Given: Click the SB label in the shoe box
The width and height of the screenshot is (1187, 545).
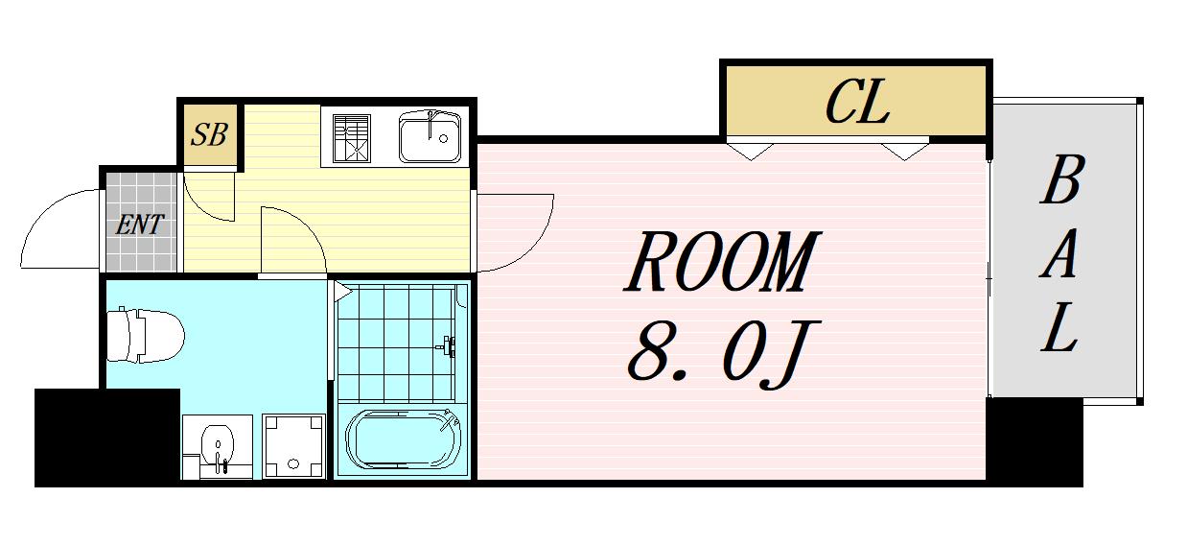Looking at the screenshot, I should (208, 134).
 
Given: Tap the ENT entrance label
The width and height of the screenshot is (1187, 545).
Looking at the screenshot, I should (140, 226).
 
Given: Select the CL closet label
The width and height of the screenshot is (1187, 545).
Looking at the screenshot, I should (857, 104).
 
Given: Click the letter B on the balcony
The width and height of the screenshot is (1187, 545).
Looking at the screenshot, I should (1060, 182).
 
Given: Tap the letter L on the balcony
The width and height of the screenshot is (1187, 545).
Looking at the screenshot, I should (1060, 329).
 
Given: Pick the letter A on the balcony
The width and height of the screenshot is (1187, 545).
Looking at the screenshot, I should (1060, 256).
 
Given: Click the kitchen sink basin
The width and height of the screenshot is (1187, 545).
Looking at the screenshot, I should (431, 137).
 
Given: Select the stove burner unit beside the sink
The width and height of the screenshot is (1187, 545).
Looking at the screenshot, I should (351, 137).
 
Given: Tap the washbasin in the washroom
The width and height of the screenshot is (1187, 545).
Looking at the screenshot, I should (219, 447).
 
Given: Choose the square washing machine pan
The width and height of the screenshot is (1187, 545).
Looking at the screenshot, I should (291, 446).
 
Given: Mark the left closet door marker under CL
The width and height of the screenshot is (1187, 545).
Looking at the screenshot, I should (749, 150).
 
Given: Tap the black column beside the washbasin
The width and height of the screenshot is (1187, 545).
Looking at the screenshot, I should (106, 437).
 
